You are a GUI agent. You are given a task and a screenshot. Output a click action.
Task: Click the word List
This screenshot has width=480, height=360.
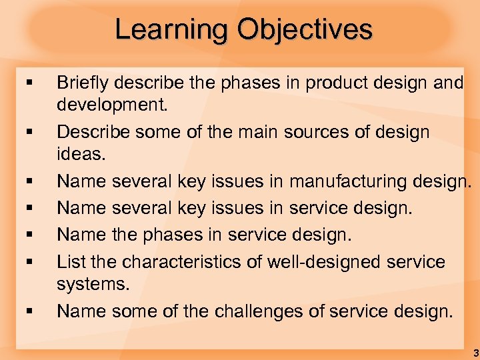pos(69,261)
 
